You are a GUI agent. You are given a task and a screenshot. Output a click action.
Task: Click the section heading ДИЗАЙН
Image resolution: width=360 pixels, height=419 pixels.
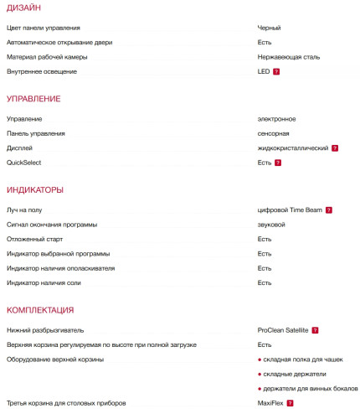tap(23, 8)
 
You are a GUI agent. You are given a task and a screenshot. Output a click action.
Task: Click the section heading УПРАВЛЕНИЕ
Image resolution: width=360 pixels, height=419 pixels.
tap(33, 99)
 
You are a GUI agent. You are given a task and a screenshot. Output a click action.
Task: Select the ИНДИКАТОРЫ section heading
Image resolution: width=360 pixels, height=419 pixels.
tap(35, 189)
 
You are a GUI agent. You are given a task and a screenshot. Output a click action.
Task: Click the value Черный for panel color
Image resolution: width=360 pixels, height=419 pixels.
tap(270, 28)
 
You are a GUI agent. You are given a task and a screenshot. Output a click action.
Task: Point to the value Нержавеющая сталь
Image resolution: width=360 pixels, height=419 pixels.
tap(289, 57)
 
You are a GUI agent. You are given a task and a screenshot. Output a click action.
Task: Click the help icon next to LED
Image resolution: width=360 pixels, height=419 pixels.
tap(276, 72)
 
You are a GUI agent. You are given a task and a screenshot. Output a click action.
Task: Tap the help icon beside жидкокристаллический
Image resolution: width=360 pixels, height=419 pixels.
tap(335, 147)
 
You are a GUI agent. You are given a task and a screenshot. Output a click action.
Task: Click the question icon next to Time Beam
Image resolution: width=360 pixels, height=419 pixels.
tap(329, 209)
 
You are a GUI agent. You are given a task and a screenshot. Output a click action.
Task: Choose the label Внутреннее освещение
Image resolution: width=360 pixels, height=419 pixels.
tap(42, 71)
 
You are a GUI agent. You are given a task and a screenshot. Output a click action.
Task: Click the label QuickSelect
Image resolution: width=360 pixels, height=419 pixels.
tap(23, 162)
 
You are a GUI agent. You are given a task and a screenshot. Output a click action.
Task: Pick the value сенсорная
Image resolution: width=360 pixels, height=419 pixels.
tap(274, 133)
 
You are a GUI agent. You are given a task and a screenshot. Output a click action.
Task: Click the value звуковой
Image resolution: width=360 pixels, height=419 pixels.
tap(272, 225)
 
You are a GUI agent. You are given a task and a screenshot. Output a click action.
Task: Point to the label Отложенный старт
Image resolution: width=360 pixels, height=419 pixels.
tap(34, 239)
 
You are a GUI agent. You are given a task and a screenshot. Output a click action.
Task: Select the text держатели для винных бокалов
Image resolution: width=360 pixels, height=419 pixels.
tap(309, 388)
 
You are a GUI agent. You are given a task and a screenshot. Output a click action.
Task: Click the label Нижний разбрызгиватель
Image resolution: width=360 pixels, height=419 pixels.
tap(45, 330)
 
